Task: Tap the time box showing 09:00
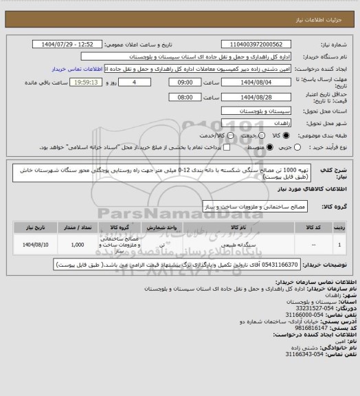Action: [182, 82]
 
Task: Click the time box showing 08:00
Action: [182, 97]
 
